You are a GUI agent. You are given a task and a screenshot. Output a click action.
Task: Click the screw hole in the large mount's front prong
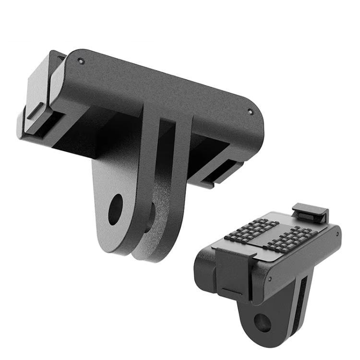coord(115,210)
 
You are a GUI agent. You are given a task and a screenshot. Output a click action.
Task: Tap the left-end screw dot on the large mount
coord(81,61)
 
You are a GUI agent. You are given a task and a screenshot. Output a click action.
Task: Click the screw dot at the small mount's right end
coord(337,234)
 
